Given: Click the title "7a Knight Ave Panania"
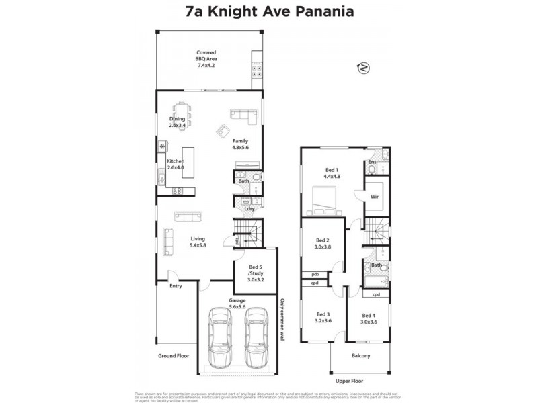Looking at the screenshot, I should (x=268, y=12).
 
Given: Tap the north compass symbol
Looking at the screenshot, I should (x=364, y=67).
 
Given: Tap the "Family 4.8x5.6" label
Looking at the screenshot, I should (x=240, y=144).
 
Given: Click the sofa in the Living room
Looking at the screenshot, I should (x=188, y=216).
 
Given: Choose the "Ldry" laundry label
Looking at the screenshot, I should (x=248, y=208).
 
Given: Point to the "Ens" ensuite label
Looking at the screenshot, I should (x=372, y=162).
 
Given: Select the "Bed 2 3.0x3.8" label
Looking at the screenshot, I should (x=322, y=244).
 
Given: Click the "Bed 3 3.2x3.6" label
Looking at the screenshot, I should (x=323, y=317).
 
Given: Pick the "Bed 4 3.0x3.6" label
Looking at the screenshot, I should (x=368, y=319).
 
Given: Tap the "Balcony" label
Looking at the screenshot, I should (x=360, y=356).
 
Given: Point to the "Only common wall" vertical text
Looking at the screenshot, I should (x=283, y=323).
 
